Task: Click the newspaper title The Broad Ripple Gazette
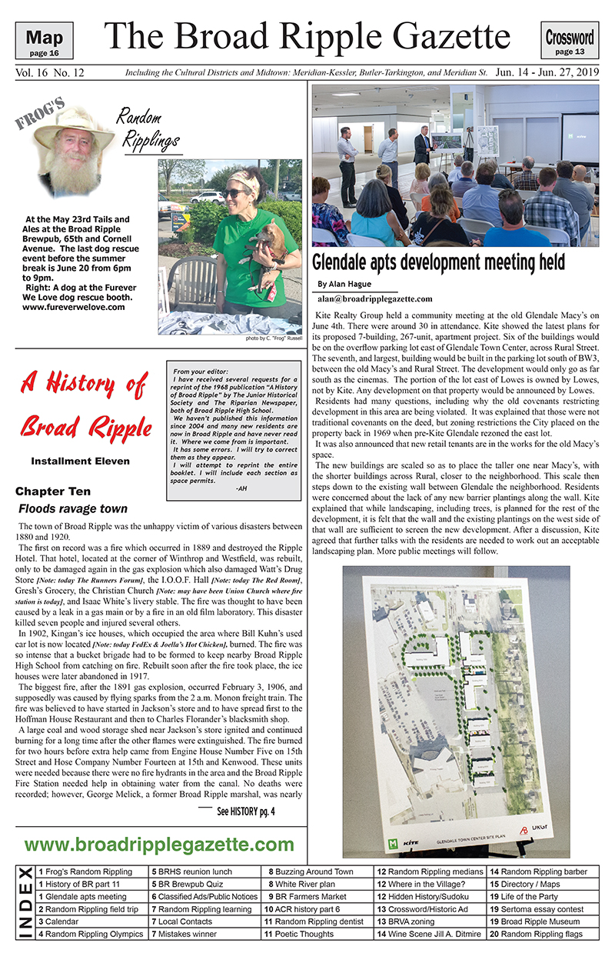307,35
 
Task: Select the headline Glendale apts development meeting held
438,262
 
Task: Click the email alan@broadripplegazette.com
374,298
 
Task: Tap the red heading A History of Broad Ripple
82,403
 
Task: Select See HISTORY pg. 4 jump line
245,811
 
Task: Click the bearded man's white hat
74,125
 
